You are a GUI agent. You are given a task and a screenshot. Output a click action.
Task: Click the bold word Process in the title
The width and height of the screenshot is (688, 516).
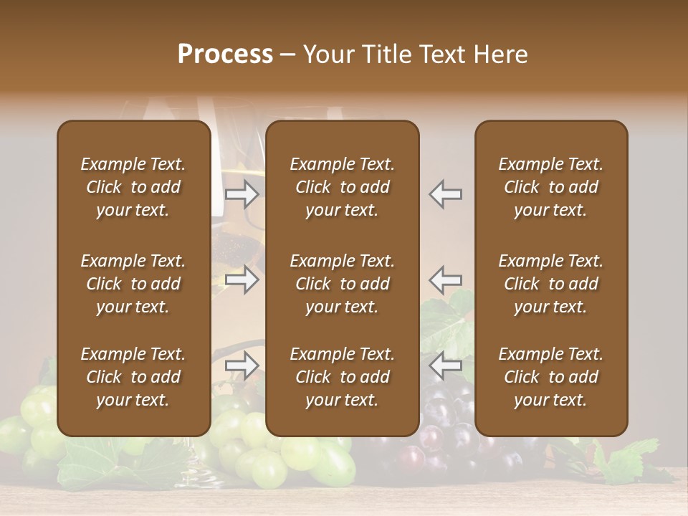[x=225, y=54]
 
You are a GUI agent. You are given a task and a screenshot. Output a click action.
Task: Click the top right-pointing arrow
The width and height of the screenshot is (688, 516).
[x=242, y=193]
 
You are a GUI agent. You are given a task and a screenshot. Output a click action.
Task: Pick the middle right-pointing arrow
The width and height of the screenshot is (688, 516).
[x=242, y=279]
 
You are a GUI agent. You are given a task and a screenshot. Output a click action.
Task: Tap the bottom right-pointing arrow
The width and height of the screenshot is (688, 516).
[x=242, y=366]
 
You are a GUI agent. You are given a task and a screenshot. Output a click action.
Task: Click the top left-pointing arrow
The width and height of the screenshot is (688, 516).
[x=445, y=193]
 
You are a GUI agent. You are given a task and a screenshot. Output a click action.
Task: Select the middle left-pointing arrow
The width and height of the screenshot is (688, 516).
[x=445, y=279]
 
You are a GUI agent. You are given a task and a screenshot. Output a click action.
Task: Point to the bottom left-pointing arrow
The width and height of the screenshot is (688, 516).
[x=445, y=366]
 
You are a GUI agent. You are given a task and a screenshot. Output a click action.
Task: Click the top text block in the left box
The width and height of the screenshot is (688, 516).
[x=133, y=187]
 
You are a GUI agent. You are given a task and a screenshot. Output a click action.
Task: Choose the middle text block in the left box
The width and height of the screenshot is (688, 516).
[x=133, y=284]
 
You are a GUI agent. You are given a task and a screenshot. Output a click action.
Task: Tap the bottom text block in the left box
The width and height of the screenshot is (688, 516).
[x=133, y=377]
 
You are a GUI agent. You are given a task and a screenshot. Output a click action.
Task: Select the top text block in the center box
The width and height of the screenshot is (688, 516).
[x=343, y=187]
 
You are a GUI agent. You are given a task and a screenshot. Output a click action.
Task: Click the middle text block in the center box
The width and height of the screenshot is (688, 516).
[x=343, y=284]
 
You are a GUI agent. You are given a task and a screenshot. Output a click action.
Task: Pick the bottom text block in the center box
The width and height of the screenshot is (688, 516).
[x=343, y=377]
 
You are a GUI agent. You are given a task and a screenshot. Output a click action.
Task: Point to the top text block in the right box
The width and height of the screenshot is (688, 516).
[x=551, y=187]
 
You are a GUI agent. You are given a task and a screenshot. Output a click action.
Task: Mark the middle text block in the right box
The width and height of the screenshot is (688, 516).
[x=551, y=284]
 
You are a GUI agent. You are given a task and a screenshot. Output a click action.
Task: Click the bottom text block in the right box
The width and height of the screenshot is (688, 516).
[x=551, y=377]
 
